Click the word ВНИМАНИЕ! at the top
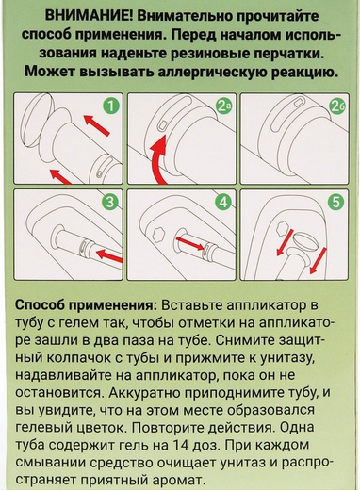89,16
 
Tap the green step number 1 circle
110,106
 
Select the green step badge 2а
224,106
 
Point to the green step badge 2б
336,106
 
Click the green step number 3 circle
110,203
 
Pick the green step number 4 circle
223,203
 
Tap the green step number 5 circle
336,203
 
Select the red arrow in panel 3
109,254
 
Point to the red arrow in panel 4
189,243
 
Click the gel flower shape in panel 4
158,234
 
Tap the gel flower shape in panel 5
282,227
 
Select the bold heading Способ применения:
87,306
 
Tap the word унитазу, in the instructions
286,358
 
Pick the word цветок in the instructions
101,428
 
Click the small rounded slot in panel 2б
298,102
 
